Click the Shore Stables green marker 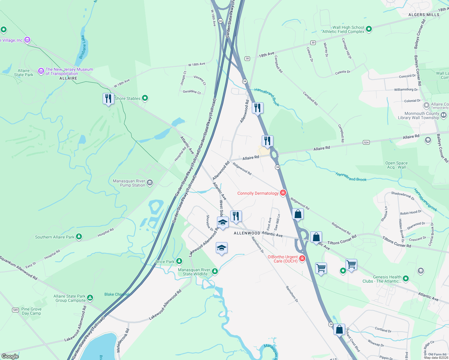coord(145,98)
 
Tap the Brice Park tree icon coord(179,261)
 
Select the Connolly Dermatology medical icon coord(283,193)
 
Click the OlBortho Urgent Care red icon coord(302,258)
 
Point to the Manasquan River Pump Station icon coord(150,182)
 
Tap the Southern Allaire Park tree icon coord(79,237)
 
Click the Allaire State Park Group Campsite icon coord(90,298)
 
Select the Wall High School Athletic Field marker coord(369,29)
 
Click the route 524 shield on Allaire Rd coord(366,142)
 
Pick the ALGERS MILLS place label coord(424,15)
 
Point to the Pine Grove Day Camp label coord(32,311)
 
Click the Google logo coord(10,356)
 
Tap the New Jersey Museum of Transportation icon coord(41,71)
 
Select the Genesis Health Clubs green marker coord(406,279)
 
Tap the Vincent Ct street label coord(200,80)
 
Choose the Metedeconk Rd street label coord(122,340)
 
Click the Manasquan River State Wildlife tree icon coord(215,271)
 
